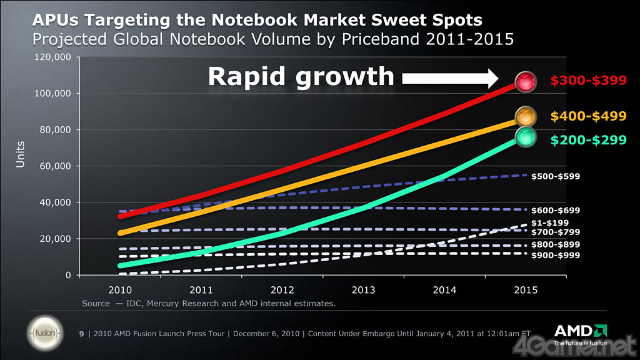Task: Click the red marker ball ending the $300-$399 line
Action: [x=526, y=81]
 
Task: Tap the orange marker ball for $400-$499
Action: [x=526, y=116]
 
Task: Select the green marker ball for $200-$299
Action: [x=526, y=137]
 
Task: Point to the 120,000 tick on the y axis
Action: [x=53, y=57]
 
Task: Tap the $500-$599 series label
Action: [x=556, y=177]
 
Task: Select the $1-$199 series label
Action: [x=551, y=222]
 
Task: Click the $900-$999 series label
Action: [x=556, y=256]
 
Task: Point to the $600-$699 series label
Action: [x=556, y=211]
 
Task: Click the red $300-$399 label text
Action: [x=588, y=81]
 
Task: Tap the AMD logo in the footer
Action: [x=579, y=331]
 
